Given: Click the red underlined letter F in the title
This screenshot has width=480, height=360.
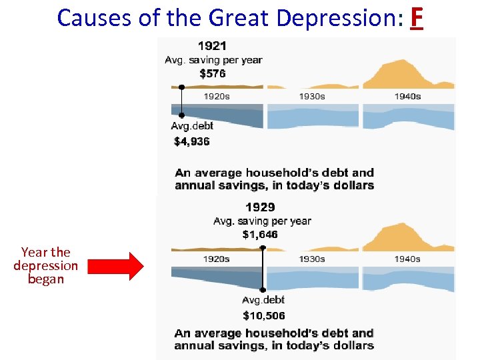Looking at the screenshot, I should tap(416, 18).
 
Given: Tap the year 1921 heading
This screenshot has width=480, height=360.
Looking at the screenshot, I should tap(212, 46).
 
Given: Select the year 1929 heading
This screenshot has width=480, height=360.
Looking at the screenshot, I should tap(260, 207).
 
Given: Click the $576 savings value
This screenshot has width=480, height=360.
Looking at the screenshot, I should tap(213, 73).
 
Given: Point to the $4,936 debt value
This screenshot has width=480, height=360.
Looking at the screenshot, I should tap(192, 141).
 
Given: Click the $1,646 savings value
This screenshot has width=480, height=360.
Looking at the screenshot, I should tap(260, 234).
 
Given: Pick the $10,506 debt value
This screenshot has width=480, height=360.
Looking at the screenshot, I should tap(263, 315).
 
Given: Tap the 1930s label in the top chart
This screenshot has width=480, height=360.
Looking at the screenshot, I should tap(312, 96).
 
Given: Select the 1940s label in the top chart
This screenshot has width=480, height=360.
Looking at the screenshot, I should tap(407, 96).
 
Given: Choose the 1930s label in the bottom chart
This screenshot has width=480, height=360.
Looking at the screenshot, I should tap(312, 259).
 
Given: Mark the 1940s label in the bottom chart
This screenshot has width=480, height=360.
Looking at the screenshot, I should tap(407, 259).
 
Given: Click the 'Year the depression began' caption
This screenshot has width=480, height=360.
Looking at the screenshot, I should tap(45, 265).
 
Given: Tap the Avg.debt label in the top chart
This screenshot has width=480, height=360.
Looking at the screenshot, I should tap(192, 126).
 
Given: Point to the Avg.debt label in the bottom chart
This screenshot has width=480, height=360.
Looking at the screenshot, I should tap(263, 300).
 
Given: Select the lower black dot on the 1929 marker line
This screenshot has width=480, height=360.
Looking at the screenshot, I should tap(263, 290).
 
